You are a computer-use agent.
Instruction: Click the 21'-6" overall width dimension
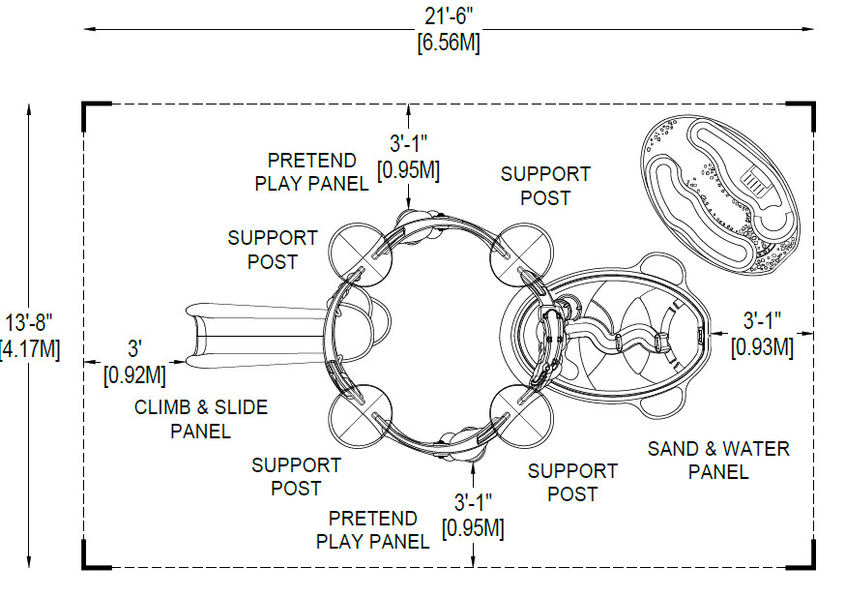tap(448, 17)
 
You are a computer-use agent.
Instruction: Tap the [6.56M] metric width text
tap(448, 43)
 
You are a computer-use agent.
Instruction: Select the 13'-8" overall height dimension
tap(29, 322)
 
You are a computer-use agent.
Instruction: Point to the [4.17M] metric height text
tap(30, 348)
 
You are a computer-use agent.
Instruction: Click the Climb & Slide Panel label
tap(201, 419)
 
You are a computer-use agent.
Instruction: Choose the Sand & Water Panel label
tap(718, 460)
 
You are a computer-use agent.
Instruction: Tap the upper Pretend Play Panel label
tap(311, 171)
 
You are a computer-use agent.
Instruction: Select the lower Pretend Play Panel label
tap(373, 529)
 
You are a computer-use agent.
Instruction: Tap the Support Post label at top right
tap(545, 186)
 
